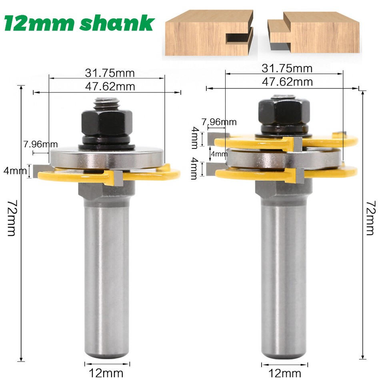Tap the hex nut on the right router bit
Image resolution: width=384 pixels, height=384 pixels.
tap(284, 111)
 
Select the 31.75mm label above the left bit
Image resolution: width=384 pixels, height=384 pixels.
tap(110, 73)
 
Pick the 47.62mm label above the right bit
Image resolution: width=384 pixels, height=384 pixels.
tap(287, 82)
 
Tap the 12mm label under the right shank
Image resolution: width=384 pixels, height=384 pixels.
tap(285, 374)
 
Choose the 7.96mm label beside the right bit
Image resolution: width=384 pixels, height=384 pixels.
tap(219, 122)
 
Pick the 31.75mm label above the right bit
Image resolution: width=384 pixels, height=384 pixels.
tap(287, 68)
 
